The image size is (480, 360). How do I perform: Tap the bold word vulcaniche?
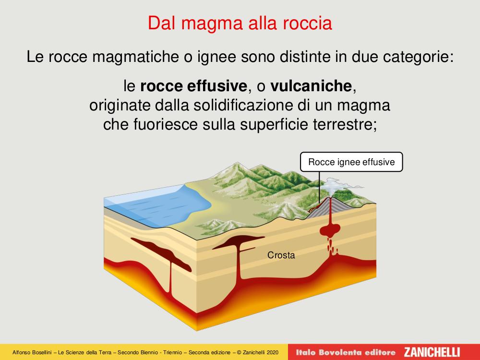click(311, 86)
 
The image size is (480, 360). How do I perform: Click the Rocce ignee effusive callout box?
click(351, 162)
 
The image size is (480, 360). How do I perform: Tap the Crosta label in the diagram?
click(281, 255)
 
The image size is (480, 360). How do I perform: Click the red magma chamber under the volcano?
click(330, 229)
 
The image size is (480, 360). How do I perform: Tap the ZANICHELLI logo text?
click(432, 352)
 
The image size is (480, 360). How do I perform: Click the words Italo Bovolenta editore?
click(346, 352)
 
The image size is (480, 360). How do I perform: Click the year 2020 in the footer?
click(273, 352)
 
